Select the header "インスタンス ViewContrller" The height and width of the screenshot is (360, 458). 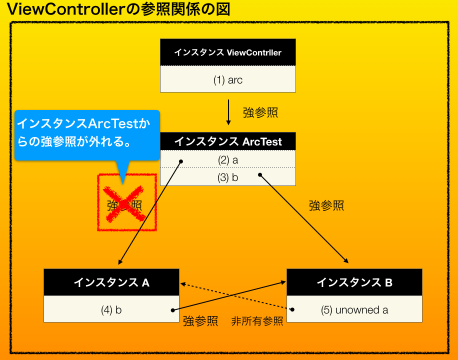coord(227,52)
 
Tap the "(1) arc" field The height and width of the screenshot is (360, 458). coord(227,79)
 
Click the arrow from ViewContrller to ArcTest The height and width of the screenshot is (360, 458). coord(228,112)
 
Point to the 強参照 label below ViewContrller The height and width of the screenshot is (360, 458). coord(260,112)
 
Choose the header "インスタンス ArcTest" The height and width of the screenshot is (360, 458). coord(227,141)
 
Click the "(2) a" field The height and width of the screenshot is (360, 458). coord(227,160)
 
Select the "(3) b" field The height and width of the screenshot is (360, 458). coord(227,177)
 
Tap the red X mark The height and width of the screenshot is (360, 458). coord(124,203)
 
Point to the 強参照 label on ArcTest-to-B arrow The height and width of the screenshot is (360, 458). coord(326,205)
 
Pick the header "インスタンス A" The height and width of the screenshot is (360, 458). coord(111,282)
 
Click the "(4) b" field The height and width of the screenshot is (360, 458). coord(111,310)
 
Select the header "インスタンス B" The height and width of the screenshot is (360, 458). coord(354,283)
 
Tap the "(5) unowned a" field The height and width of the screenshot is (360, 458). coord(354,310)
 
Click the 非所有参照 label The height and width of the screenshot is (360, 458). coord(257,321)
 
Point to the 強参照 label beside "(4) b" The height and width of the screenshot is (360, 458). coord(200,321)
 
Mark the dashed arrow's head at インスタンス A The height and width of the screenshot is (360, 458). coord(183,283)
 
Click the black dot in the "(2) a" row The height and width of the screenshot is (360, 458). coord(181,161)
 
